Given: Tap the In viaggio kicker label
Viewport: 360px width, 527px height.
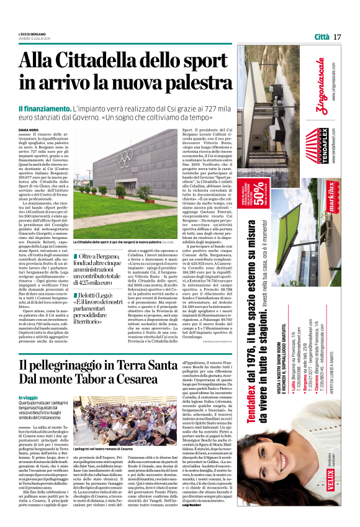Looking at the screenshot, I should [x=29, y=397].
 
